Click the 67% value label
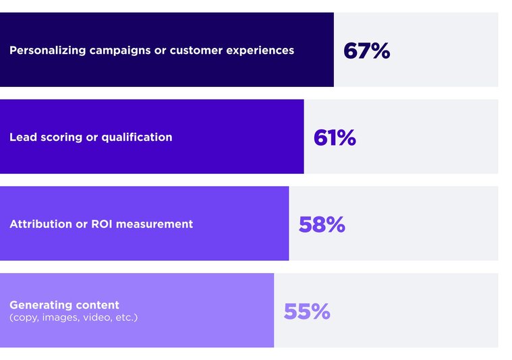click(x=366, y=51)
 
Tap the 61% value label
click(x=335, y=138)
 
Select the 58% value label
click(x=322, y=224)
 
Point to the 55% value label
click(x=307, y=311)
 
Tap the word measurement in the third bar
click(x=154, y=224)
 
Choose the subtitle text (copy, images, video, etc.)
click(x=74, y=317)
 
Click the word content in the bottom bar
click(x=98, y=305)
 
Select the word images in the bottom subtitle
click(x=59, y=317)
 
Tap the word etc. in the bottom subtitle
click(x=125, y=317)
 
